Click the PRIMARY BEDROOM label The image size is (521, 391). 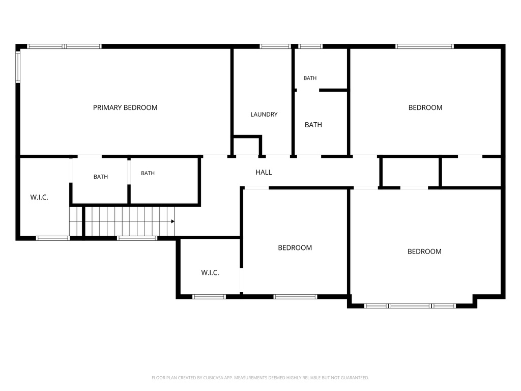click(x=125, y=108)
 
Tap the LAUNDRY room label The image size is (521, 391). click(x=264, y=115)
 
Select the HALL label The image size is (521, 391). click(x=264, y=172)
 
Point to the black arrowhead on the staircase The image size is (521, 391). click(x=173, y=221)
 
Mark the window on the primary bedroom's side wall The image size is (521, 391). click(x=18, y=67)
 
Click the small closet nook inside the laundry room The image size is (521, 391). click(x=247, y=146)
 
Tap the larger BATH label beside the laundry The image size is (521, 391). click(x=313, y=125)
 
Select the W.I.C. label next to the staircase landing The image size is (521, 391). click(x=39, y=198)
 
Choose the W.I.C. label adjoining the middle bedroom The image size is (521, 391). click(x=210, y=273)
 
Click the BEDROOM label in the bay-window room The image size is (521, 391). click(x=425, y=252)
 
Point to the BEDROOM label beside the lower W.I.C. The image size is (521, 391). click(x=295, y=248)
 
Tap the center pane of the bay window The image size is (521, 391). click(x=410, y=306)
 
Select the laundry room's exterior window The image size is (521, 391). click(x=275, y=46)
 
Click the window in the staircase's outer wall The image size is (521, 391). click(x=137, y=238)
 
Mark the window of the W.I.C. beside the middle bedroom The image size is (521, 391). click(x=209, y=297)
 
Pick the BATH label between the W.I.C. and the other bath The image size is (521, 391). click(x=101, y=177)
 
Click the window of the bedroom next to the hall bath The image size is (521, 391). click(x=424, y=46)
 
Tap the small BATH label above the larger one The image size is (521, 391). click(x=310, y=78)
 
